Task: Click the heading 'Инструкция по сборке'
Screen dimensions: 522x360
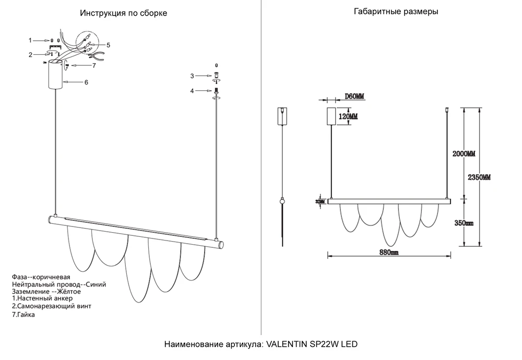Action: [123, 13]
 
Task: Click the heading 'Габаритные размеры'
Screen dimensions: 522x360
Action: [396, 11]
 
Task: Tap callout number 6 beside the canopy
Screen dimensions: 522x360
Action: [86, 82]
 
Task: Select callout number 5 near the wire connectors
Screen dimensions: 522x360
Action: [108, 45]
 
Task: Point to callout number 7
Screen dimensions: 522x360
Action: [94, 65]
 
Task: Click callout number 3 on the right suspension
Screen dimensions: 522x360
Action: [192, 76]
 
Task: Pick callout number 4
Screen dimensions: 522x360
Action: [192, 91]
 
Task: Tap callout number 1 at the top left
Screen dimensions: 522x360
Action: [30, 40]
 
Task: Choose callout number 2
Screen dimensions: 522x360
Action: [30, 55]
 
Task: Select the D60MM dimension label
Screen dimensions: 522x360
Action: [354, 97]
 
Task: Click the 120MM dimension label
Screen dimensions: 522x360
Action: [348, 116]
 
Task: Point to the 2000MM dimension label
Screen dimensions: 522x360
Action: [464, 154]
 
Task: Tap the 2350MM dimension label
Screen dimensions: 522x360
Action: [479, 177]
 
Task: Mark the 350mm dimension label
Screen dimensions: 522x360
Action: [464, 223]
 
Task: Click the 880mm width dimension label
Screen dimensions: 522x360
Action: [389, 252]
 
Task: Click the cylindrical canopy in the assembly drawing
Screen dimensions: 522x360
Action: [56, 74]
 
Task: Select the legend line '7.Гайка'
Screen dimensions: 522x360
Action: [23, 315]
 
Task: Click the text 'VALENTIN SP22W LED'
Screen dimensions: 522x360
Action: [312, 344]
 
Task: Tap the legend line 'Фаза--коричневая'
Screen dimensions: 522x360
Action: [41, 277]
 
